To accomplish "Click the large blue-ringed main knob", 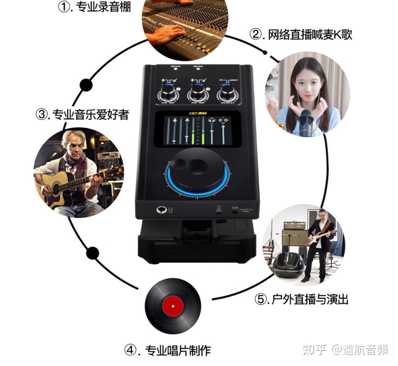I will coord(197,172).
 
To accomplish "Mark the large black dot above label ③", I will coord(86,85).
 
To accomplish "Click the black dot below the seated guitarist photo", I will coord(93,253).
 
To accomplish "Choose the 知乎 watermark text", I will coord(315,350).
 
